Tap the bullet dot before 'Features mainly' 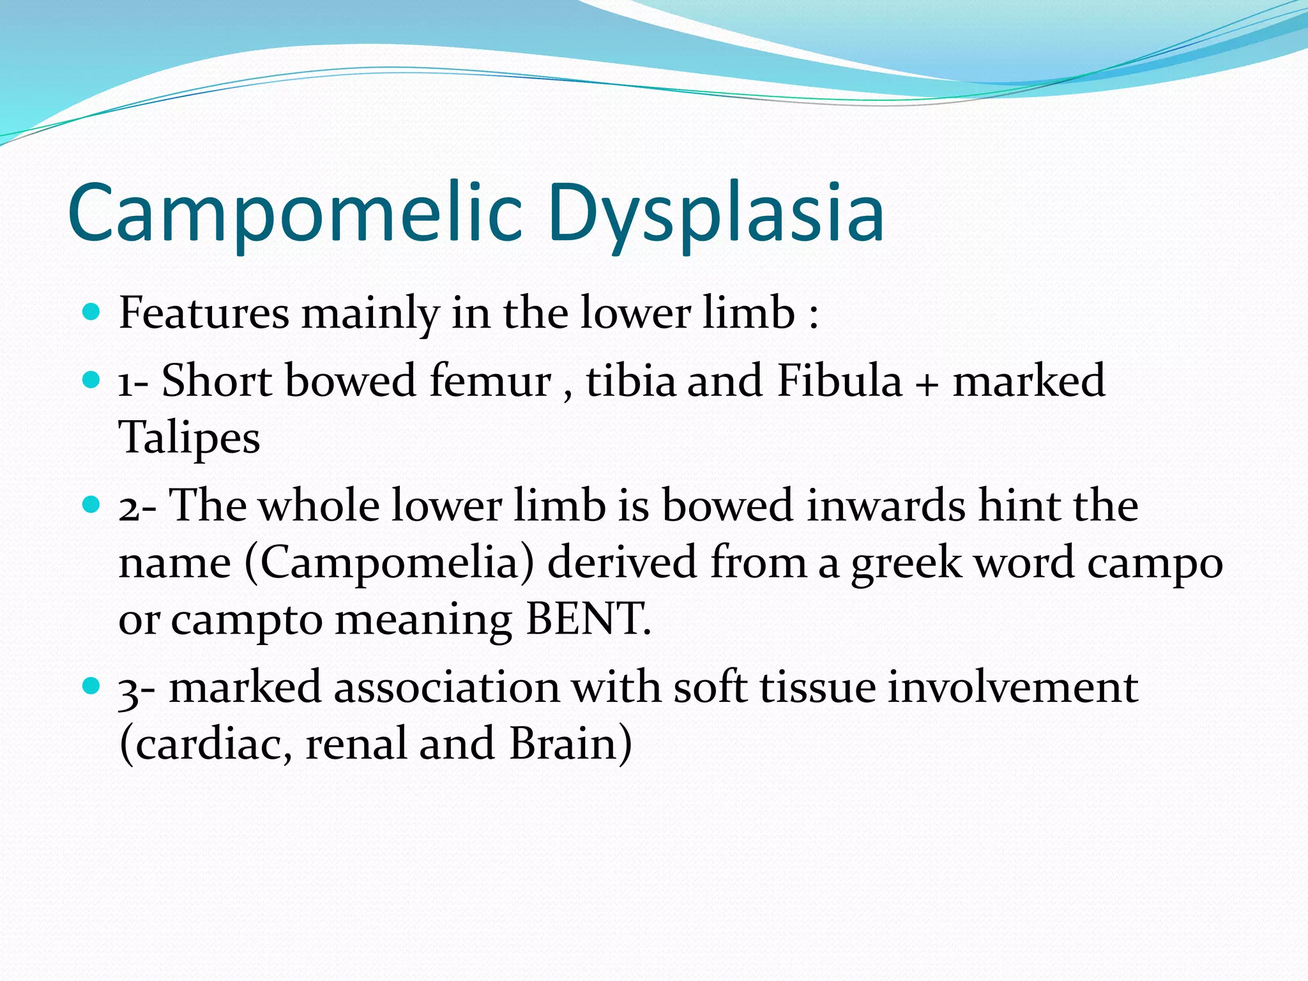click(92, 312)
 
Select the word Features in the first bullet click(204, 314)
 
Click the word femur click(490, 381)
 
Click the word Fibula click(839, 381)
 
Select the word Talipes click(190, 438)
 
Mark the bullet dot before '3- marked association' click(92, 687)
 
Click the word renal click(356, 744)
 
